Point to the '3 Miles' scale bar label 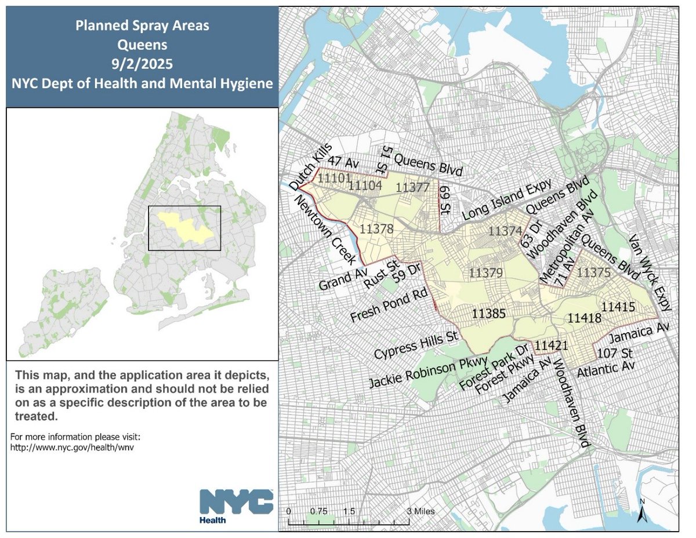coord(419,511)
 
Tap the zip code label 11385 coord(488,313)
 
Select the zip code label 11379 coord(486,272)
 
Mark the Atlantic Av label coord(606,367)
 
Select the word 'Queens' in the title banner coord(142,43)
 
